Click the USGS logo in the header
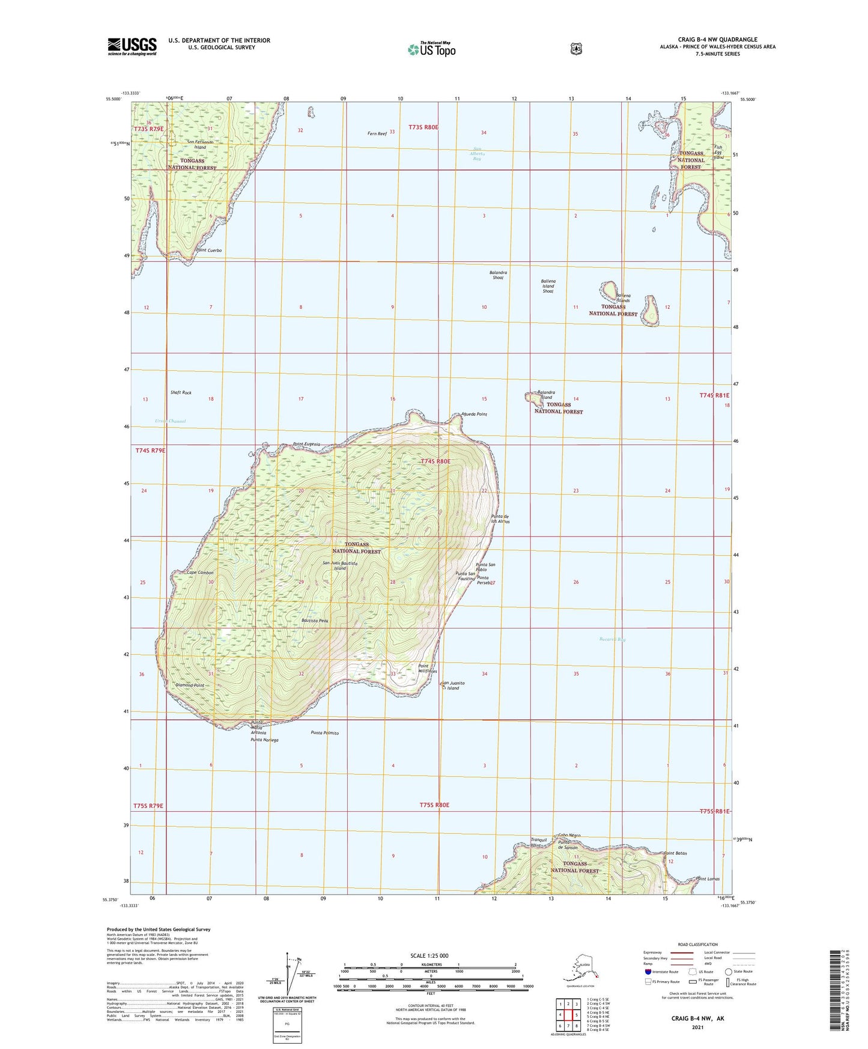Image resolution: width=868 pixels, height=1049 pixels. (x=132, y=46)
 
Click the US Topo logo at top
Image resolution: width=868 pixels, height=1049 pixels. (x=431, y=49)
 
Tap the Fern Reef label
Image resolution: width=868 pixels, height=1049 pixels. (x=377, y=133)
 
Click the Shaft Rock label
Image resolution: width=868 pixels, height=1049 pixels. (x=181, y=392)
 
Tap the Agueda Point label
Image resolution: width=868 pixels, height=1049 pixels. (x=474, y=415)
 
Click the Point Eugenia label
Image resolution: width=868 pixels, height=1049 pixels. (x=307, y=444)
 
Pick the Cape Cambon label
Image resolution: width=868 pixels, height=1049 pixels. (x=200, y=573)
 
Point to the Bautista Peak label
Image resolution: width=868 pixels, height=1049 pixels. (x=315, y=621)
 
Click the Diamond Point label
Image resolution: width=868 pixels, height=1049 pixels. (x=190, y=685)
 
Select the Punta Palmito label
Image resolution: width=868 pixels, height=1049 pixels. (x=325, y=733)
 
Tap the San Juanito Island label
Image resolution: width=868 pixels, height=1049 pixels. (x=454, y=686)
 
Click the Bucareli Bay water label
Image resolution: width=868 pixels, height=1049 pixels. (x=613, y=639)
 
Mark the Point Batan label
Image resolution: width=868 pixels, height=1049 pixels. (x=675, y=853)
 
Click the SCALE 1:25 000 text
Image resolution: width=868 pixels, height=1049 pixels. (x=429, y=955)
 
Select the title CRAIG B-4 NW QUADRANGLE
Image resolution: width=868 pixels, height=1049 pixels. (x=717, y=40)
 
